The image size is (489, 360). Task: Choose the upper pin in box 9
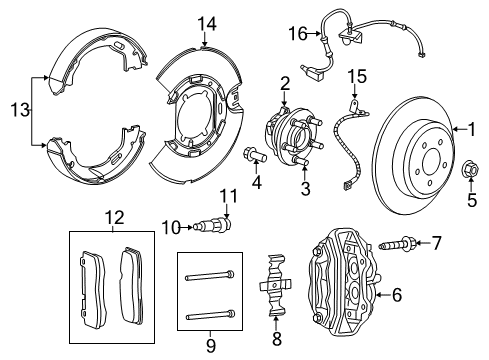[210, 275]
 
